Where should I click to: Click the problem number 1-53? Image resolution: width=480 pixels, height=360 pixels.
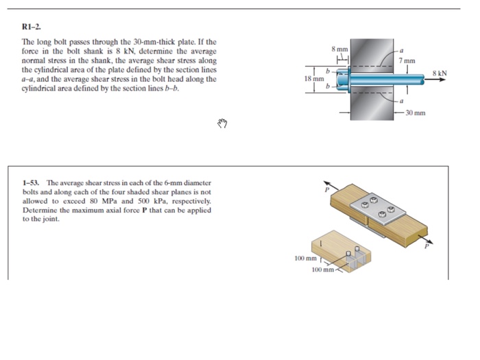coord(31,183)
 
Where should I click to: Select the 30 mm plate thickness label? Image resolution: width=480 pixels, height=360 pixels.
coord(416,112)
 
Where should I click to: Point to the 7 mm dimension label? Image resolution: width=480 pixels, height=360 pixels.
coord(407,62)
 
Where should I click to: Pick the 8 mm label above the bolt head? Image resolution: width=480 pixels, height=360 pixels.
coord(339,49)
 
